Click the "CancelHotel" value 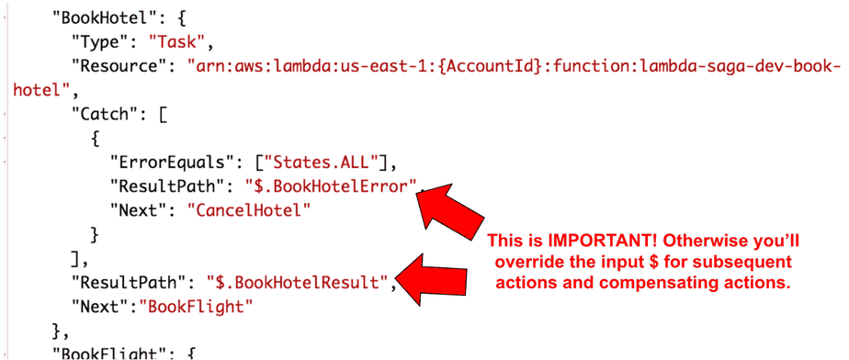(x=249, y=210)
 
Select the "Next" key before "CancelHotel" (x=139, y=210)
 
